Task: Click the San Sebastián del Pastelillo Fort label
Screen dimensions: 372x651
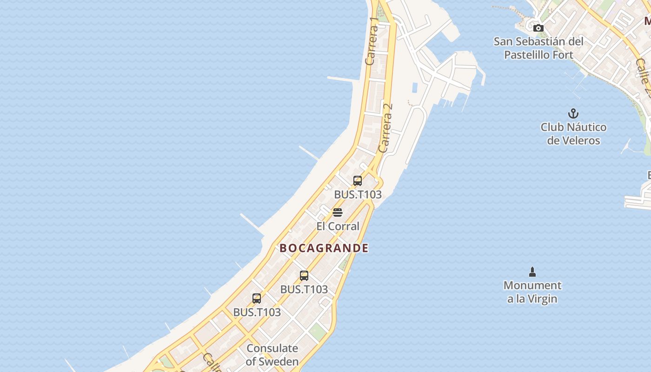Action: [538, 48]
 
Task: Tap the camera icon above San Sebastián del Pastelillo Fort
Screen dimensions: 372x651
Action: [538, 28]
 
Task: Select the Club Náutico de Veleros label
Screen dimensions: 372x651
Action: [573, 133]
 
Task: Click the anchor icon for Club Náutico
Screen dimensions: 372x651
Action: [573, 113]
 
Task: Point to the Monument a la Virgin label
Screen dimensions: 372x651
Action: [532, 292]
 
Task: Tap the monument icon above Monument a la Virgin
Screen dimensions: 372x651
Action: [532, 272]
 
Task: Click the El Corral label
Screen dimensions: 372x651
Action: [338, 226]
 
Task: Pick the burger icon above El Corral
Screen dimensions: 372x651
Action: [338, 213]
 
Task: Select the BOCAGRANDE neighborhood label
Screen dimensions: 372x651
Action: [324, 248]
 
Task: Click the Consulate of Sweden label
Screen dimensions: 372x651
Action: [272, 354]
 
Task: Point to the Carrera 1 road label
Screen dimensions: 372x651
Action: [372, 42]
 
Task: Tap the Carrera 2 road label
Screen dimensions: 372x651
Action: [385, 127]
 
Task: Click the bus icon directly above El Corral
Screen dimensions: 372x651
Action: [358, 181]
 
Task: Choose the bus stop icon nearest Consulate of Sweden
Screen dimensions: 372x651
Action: [257, 299]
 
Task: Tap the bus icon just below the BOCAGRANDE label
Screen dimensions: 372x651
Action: [304, 276]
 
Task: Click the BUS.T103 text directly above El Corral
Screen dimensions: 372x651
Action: [358, 195]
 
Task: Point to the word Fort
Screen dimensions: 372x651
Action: [562, 55]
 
